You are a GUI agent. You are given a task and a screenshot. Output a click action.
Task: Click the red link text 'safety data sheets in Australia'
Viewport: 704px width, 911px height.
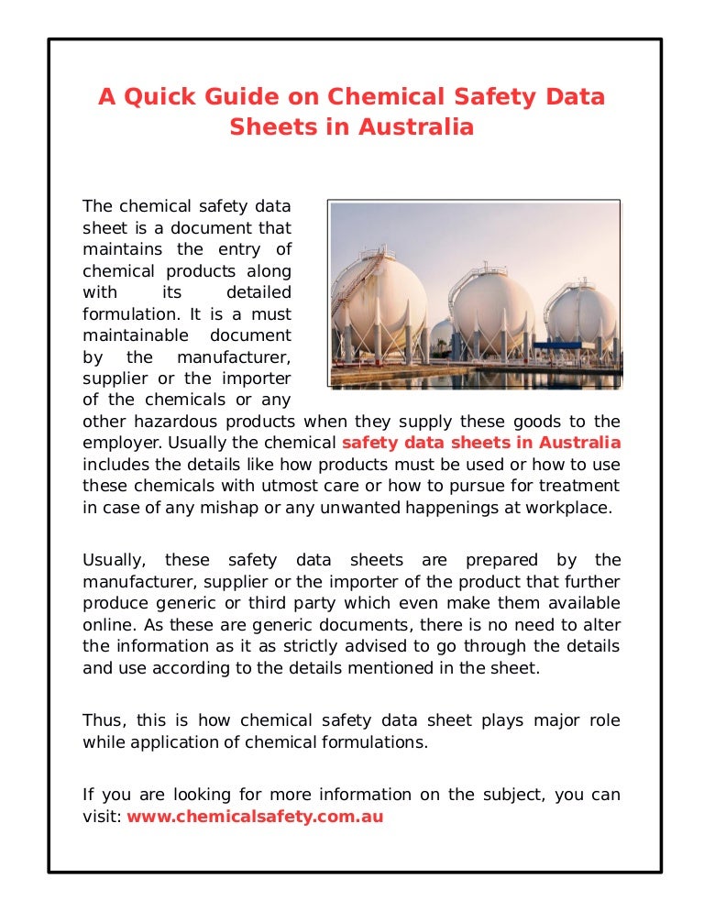(480, 443)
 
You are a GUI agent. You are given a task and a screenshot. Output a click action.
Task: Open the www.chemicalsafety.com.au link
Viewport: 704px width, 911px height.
(255, 816)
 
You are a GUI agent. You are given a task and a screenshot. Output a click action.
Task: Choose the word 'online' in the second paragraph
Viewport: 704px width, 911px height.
(106, 625)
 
